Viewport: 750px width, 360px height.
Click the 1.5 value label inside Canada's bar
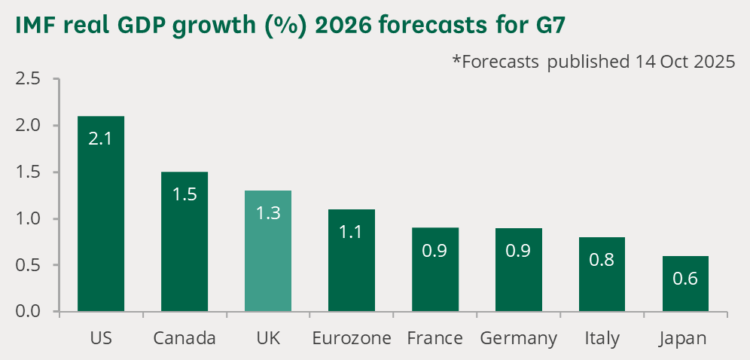[x=184, y=194]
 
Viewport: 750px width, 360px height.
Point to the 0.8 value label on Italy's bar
[x=602, y=261]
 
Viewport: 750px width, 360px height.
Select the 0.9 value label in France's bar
[x=435, y=252]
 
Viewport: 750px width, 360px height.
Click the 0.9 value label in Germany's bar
[x=518, y=252]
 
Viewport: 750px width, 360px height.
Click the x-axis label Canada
[x=184, y=338]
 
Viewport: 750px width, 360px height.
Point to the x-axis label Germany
[x=518, y=338]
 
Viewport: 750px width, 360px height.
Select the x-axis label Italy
[x=602, y=338]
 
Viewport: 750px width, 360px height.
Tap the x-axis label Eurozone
[x=352, y=338]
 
